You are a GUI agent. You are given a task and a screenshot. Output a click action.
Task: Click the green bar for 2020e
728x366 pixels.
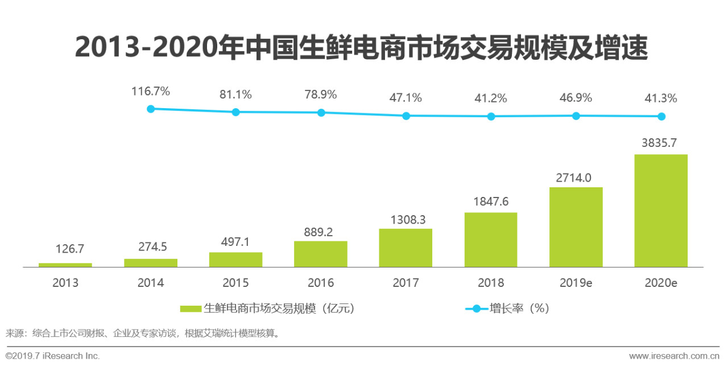pyautogui.click(x=660, y=211)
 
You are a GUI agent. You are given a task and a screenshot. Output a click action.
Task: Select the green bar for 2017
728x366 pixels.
pyautogui.click(x=406, y=248)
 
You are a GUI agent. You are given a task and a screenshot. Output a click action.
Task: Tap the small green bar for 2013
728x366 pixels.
pyautogui.click(x=65, y=265)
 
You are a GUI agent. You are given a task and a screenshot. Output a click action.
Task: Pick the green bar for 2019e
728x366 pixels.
pyautogui.click(x=576, y=227)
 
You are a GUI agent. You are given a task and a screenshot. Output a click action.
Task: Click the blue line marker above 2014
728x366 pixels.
pyautogui.click(x=151, y=109)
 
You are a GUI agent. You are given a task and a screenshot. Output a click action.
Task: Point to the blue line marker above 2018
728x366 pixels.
pyautogui.click(x=491, y=116)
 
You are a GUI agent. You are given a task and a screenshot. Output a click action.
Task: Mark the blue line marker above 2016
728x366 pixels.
pyautogui.click(x=321, y=113)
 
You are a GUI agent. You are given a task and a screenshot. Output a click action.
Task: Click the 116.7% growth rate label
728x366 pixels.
pyautogui.click(x=151, y=91)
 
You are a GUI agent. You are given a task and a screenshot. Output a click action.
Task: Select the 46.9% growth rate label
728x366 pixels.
pyautogui.click(x=576, y=98)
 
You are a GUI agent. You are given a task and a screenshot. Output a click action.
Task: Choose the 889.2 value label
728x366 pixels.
pyautogui.click(x=321, y=231)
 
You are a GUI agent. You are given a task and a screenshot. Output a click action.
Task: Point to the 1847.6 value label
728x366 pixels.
pyautogui.click(x=491, y=202)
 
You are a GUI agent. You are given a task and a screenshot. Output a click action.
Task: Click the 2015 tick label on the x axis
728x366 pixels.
pyautogui.click(x=235, y=283)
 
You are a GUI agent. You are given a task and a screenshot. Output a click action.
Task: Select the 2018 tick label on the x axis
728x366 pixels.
pyautogui.click(x=491, y=283)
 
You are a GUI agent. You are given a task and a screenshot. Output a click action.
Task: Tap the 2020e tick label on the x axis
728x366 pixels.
pyautogui.click(x=660, y=283)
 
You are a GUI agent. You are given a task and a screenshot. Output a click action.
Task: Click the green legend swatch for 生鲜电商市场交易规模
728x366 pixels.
pyautogui.click(x=191, y=309)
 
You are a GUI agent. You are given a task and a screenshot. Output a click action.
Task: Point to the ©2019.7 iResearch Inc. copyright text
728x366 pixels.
pyautogui.click(x=52, y=356)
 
